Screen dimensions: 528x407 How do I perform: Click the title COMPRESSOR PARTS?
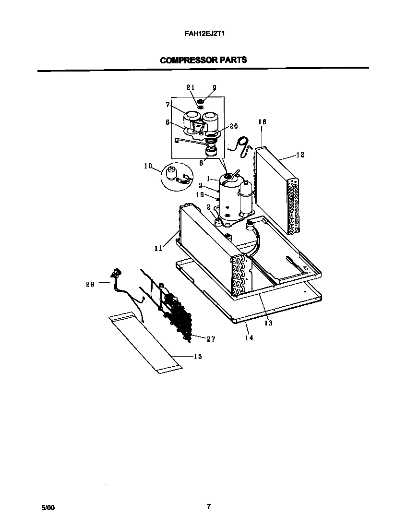click(x=203, y=60)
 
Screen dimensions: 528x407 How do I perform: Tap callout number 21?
click(x=191, y=87)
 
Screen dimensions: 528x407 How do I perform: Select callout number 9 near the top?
click(x=214, y=87)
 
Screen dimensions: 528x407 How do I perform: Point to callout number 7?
click(x=168, y=104)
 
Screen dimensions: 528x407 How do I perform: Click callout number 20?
click(x=234, y=126)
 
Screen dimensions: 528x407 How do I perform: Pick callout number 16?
click(x=262, y=122)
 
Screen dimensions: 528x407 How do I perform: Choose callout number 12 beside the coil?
click(x=300, y=155)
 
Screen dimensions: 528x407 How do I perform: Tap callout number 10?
click(x=148, y=166)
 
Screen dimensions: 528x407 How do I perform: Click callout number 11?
click(x=158, y=248)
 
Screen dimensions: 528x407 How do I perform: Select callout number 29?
click(x=90, y=284)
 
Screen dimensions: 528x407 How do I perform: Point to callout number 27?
click(x=210, y=339)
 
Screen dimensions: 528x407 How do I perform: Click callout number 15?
click(x=197, y=356)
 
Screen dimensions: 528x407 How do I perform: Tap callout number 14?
click(x=249, y=337)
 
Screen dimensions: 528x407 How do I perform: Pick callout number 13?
click(x=268, y=323)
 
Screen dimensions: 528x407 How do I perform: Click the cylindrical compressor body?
click(x=229, y=197)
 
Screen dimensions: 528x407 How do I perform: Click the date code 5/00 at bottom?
click(x=48, y=507)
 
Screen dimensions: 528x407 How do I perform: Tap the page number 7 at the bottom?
click(x=208, y=506)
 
